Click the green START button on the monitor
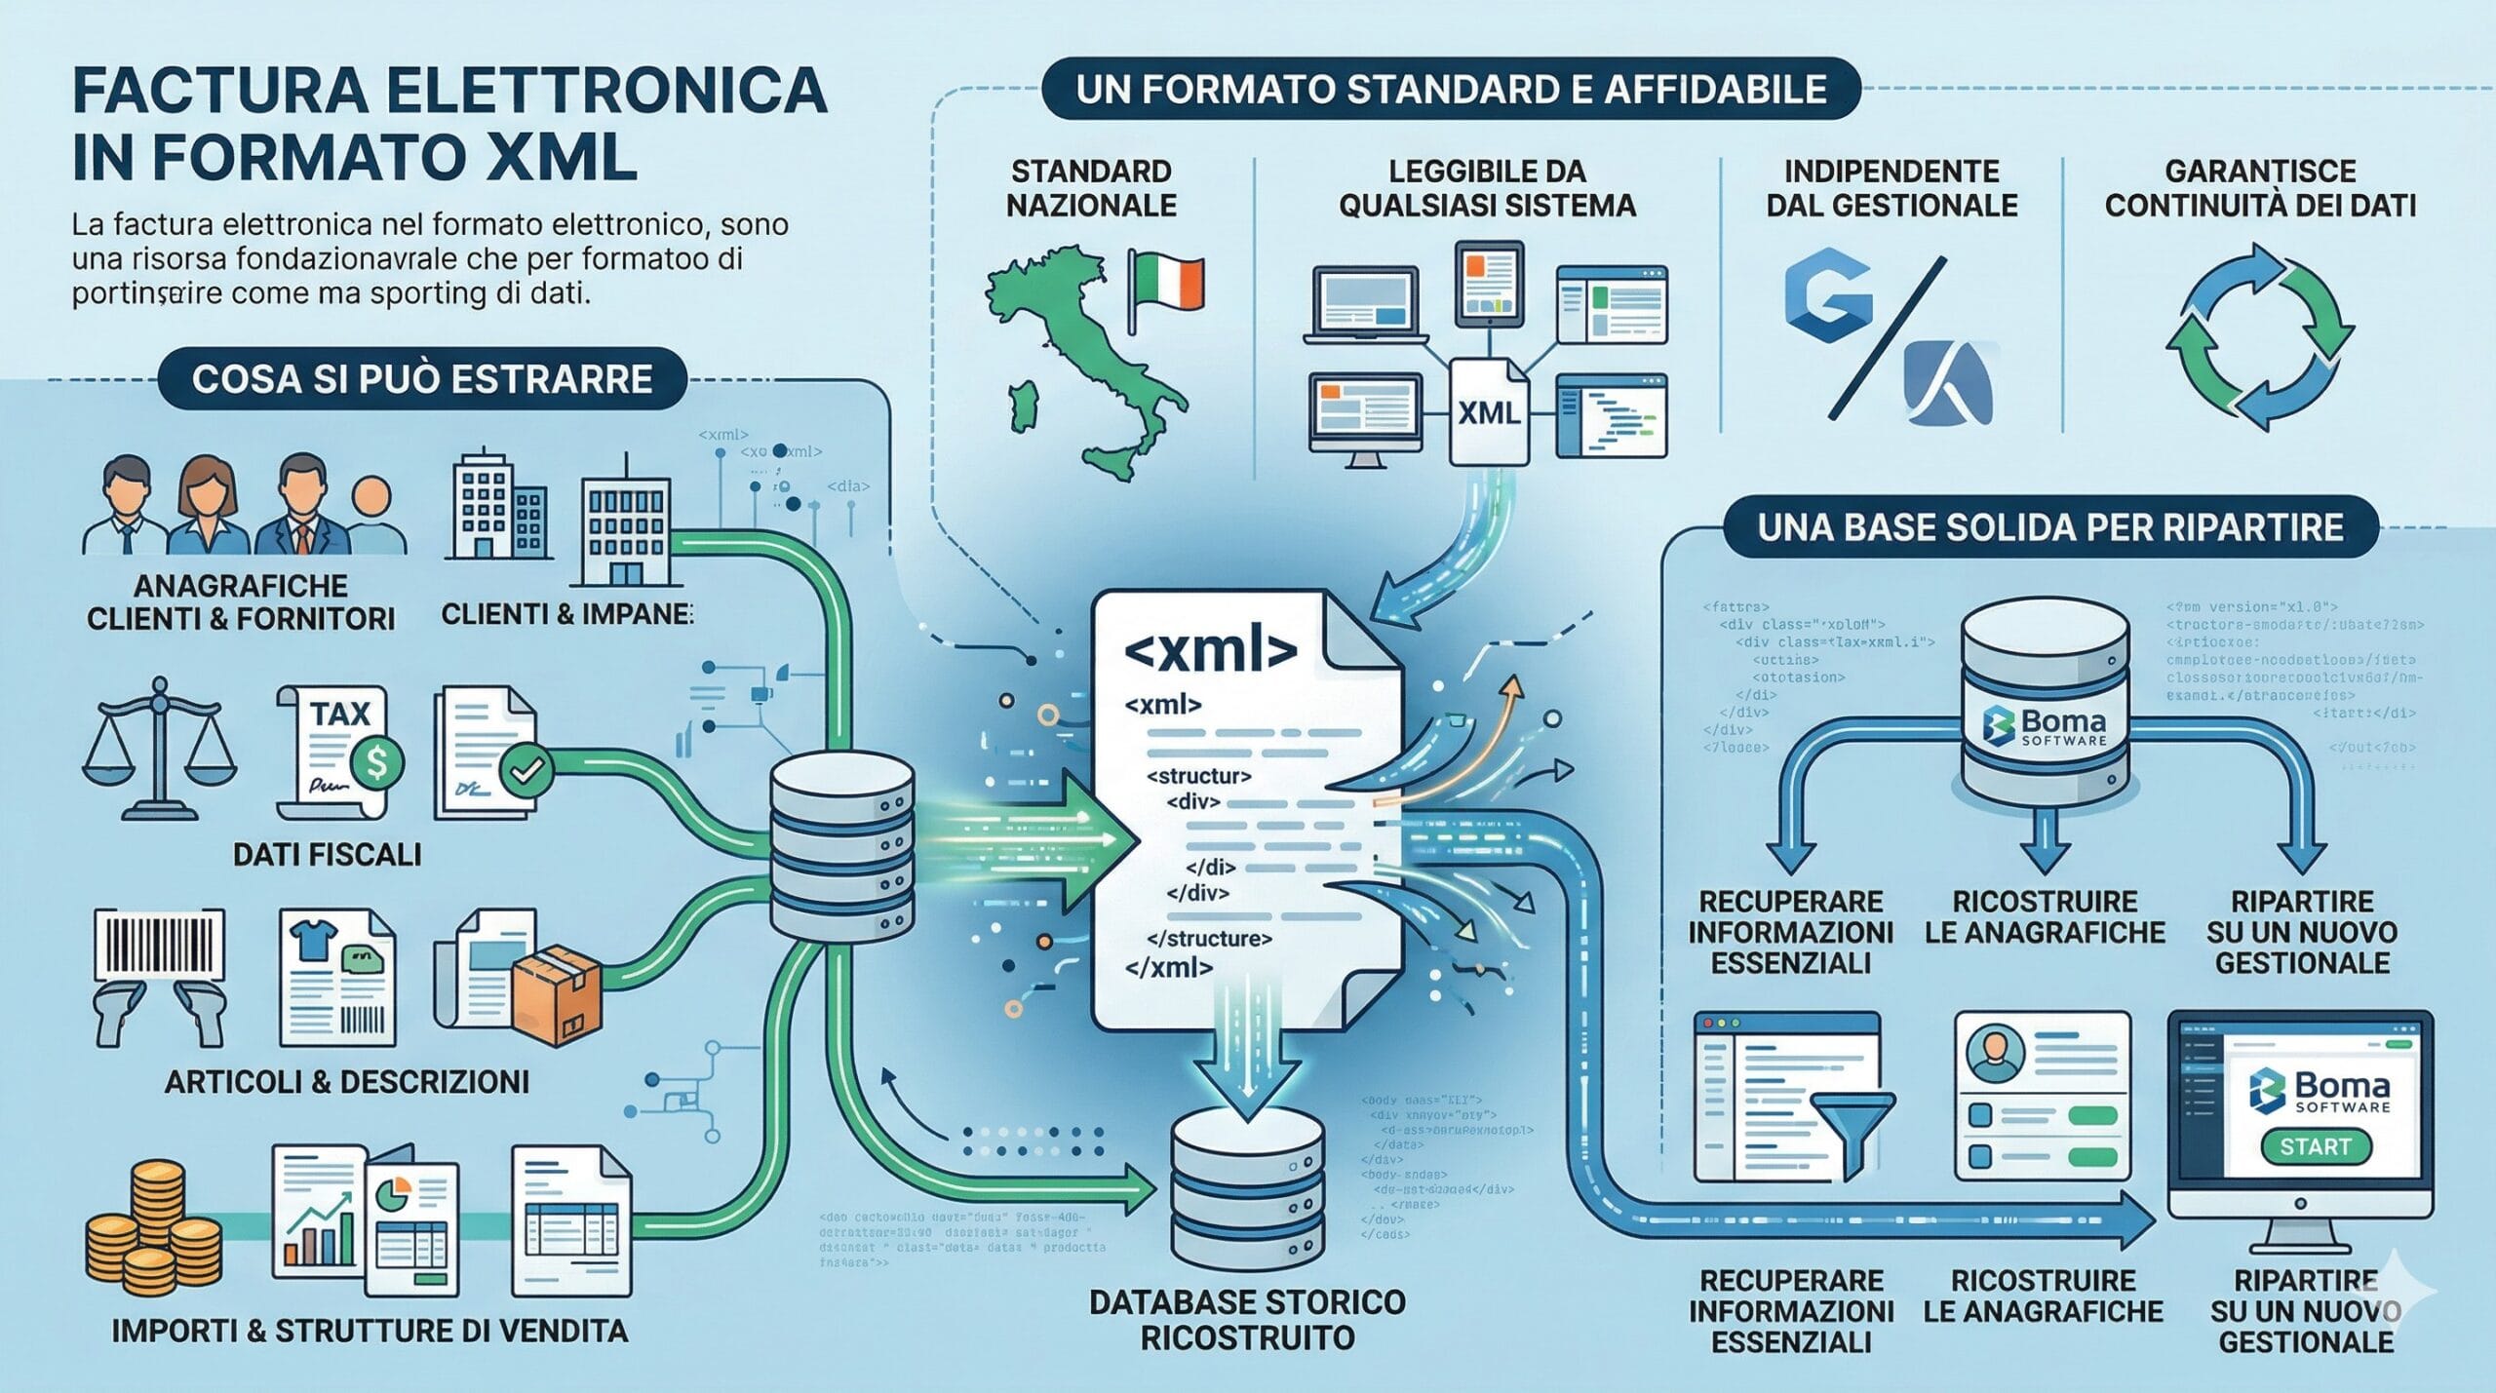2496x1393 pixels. pyautogui.click(x=2315, y=1146)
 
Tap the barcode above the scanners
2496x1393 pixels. pyautogui.click(x=159, y=946)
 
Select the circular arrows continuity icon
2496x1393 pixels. pyautogui.click(x=2259, y=336)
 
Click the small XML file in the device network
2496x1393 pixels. pyautogui.click(x=1489, y=411)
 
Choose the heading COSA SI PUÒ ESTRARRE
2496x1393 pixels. pyautogui.click(x=422, y=379)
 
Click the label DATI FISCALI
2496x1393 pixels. pyautogui.click(x=327, y=855)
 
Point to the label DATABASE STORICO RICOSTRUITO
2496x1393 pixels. pyautogui.click(x=1247, y=1320)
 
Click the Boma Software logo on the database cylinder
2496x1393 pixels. pyautogui.click(x=2046, y=726)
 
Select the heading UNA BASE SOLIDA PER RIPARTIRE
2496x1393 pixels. pyautogui.click(x=2050, y=527)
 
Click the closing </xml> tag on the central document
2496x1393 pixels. pyautogui.click(x=1168, y=968)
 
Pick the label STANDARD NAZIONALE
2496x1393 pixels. pyautogui.click(x=1091, y=188)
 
